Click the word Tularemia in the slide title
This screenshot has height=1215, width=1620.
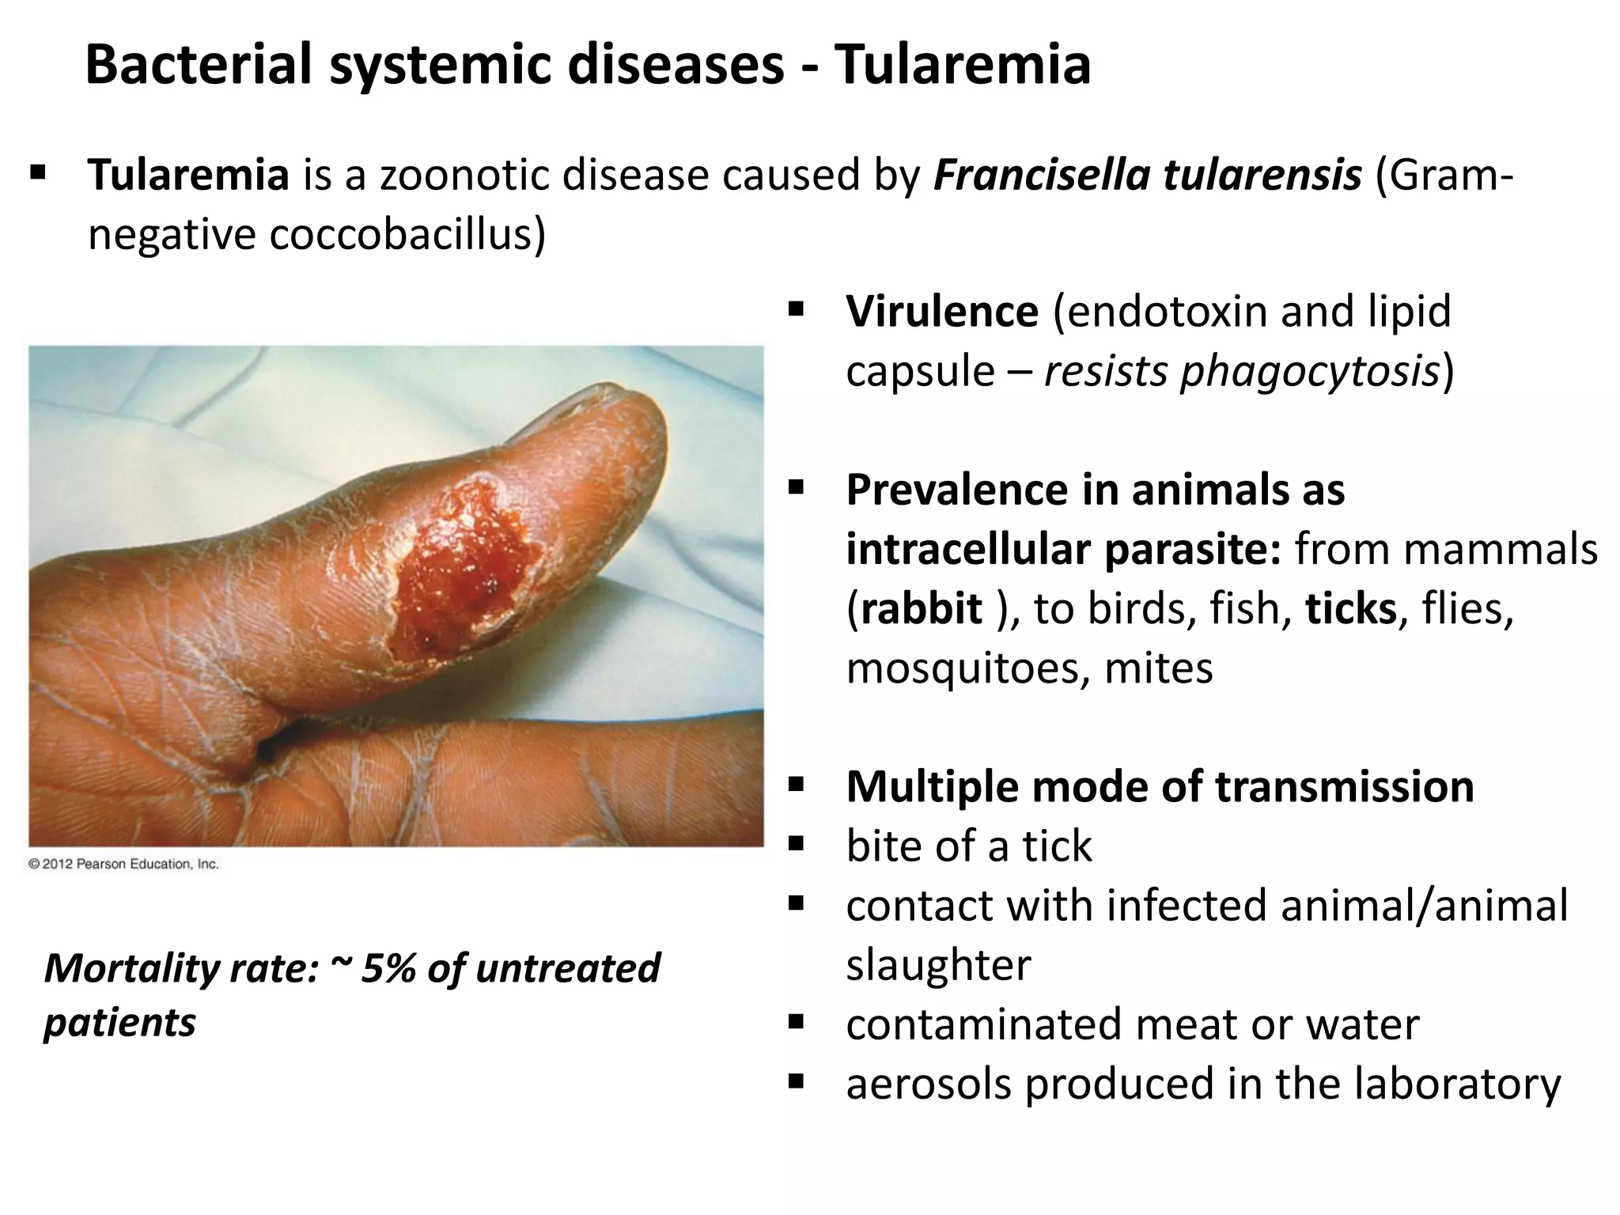pos(963,65)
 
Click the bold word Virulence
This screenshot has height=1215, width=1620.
pos(941,311)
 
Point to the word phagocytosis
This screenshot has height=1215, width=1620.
pos(1309,371)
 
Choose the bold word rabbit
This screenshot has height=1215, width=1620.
pos(922,608)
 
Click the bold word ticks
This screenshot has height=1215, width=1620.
pos(1351,608)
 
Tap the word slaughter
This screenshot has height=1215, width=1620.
pos(938,964)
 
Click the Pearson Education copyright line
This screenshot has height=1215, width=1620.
pos(123,864)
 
